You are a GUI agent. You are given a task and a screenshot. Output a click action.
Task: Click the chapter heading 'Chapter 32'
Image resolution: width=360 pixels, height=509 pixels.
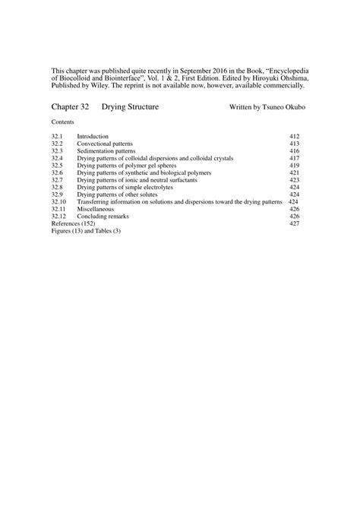pos(71,108)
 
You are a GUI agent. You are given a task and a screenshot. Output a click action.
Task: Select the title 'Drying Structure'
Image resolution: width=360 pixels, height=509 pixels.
pos(130,108)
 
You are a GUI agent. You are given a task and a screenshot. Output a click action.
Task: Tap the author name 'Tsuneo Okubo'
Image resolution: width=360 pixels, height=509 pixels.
pos(288,108)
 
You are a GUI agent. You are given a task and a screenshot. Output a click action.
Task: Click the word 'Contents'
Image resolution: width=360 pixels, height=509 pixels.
pos(63,122)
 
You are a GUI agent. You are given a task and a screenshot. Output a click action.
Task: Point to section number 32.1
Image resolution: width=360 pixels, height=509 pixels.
pos(57,136)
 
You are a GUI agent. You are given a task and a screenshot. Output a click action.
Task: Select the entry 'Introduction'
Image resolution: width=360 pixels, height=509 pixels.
pos(93,136)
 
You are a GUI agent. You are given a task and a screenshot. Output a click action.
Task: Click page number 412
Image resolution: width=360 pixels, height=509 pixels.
pos(295,136)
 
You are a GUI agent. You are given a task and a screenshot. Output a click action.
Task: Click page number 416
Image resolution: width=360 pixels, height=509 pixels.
pos(295,151)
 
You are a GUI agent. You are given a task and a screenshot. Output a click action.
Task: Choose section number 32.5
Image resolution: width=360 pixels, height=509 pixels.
pos(57,166)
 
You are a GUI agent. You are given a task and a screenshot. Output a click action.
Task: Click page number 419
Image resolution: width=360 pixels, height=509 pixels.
pos(295,166)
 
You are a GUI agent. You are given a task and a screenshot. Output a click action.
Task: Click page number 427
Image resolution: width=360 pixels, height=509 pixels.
pos(295,224)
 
